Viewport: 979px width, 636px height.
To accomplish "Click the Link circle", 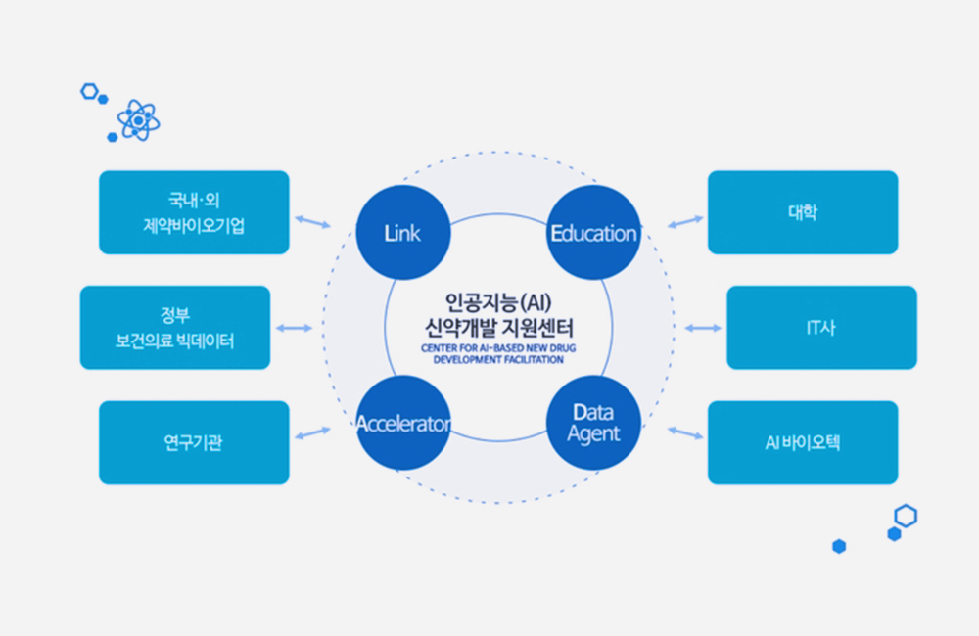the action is click(x=403, y=232).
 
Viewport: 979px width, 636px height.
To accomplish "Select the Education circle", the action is click(x=594, y=232).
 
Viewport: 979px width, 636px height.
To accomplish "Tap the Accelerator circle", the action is click(x=403, y=423).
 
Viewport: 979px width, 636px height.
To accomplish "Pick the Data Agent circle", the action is click(x=594, y=423).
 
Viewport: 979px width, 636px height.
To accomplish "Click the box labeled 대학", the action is click(x=803, y=212).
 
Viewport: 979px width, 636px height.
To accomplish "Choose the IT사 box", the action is click(x=821, y=327).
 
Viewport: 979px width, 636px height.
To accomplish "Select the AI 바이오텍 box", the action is click(x=803, y=442).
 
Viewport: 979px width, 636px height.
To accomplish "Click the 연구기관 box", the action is click(x=194, y=442).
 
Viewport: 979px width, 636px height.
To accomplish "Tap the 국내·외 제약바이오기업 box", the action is click(x=194, y=212).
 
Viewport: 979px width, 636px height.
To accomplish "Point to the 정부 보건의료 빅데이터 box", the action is click(x=175, y=327).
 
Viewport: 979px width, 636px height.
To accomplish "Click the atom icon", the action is click(x=138, y=119).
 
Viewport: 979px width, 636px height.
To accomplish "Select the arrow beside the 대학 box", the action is click(x=685, y=221).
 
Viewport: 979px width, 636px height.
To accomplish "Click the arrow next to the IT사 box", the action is click(x=703, y=328).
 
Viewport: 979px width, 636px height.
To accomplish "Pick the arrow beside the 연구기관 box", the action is click(x=312, y=433).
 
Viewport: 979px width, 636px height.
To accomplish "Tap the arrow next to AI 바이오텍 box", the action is click(x=685, y=433).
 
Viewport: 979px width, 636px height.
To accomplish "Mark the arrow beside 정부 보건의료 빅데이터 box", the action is click(x=294, y=328).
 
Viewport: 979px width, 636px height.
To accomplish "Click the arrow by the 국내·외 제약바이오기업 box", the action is click(x=312, y=221).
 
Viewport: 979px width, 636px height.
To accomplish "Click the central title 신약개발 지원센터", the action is click(x=498, y=328).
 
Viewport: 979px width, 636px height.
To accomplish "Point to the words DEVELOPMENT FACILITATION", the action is click(x=498, y=359).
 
